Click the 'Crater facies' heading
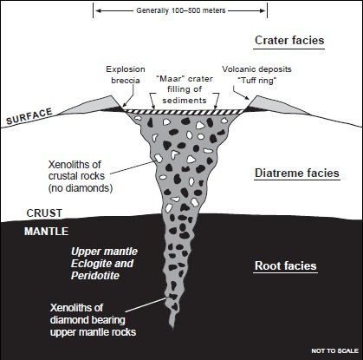point(289,40)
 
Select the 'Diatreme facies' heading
point(297,173)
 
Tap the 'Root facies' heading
point(286,265)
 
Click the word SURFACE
point(29,116)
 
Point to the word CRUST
point(44,213)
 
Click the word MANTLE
point(46,232)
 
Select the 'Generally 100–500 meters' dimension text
point(181,10)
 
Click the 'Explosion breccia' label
point(126,75)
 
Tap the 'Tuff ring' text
point(257,81)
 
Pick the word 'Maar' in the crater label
point(169,79)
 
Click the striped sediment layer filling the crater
point(185,112)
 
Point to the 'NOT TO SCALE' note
point(335,350)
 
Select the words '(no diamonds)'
point(81,188)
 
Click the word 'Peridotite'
point(95,275)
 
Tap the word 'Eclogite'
point(89,264)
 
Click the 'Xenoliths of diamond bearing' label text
point(88,314)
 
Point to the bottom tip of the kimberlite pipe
point(172,328)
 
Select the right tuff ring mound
point(279,106)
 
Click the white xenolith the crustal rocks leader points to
point(158,158)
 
